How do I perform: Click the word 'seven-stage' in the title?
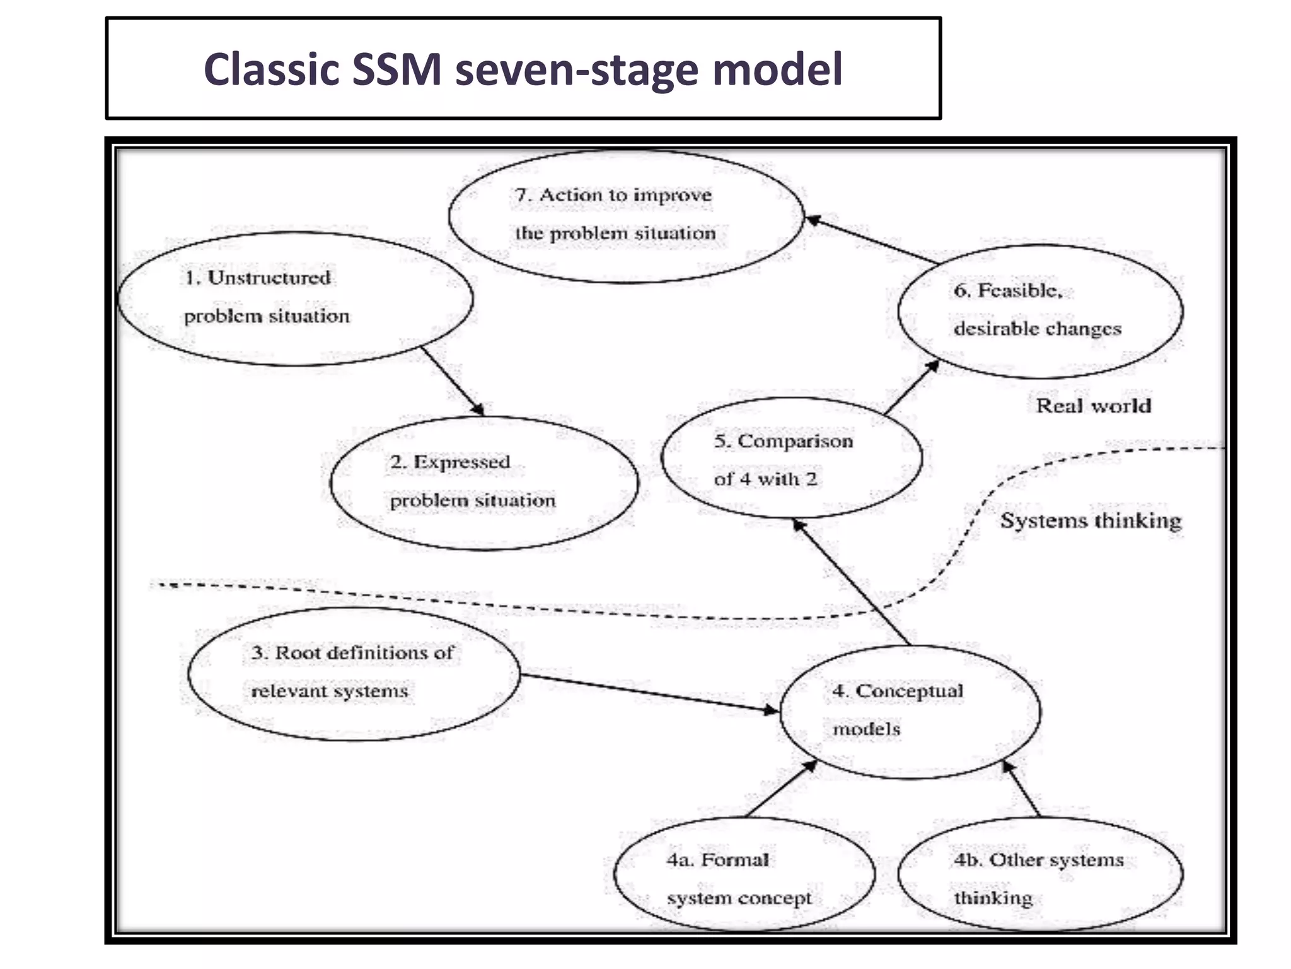577,69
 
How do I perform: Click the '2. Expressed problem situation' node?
483,483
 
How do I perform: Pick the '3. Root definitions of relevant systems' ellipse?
354,673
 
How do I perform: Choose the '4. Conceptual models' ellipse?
910,711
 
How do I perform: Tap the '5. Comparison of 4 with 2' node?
791,459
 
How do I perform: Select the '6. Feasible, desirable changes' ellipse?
1040,310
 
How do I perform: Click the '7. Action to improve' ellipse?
625,215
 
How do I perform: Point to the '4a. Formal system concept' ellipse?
744,874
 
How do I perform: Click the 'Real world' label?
1094,406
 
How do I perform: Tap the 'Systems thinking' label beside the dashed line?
1091,521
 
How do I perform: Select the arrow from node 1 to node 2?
453,381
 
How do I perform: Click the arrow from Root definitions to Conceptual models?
649,693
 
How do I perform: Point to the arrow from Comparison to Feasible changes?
912,388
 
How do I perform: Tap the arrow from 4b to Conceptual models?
1021,789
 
